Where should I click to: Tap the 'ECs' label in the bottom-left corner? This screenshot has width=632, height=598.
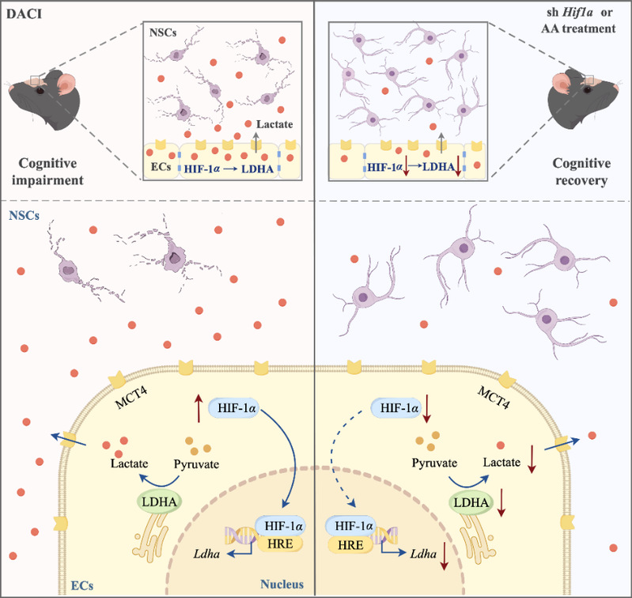click(72, 585)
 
